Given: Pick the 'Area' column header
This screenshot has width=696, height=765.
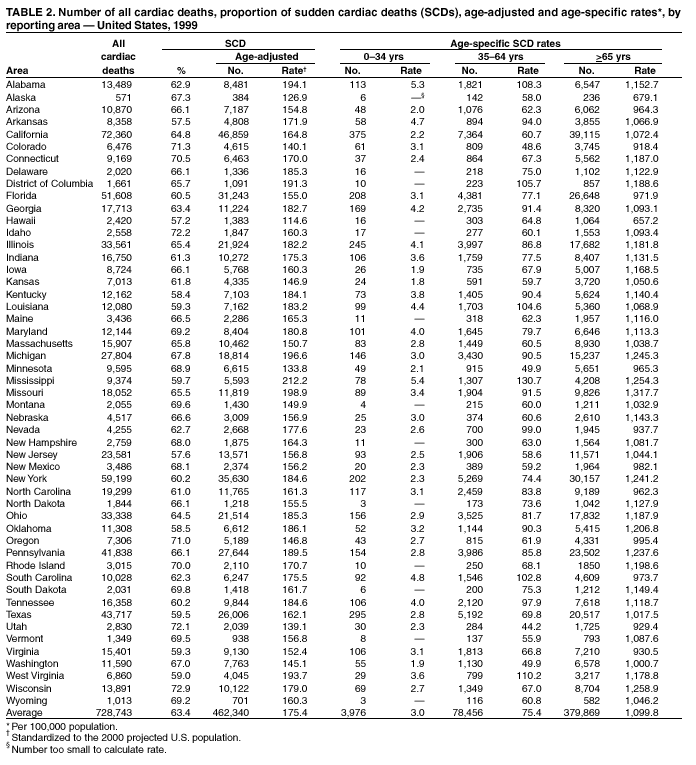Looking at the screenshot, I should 17,70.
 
